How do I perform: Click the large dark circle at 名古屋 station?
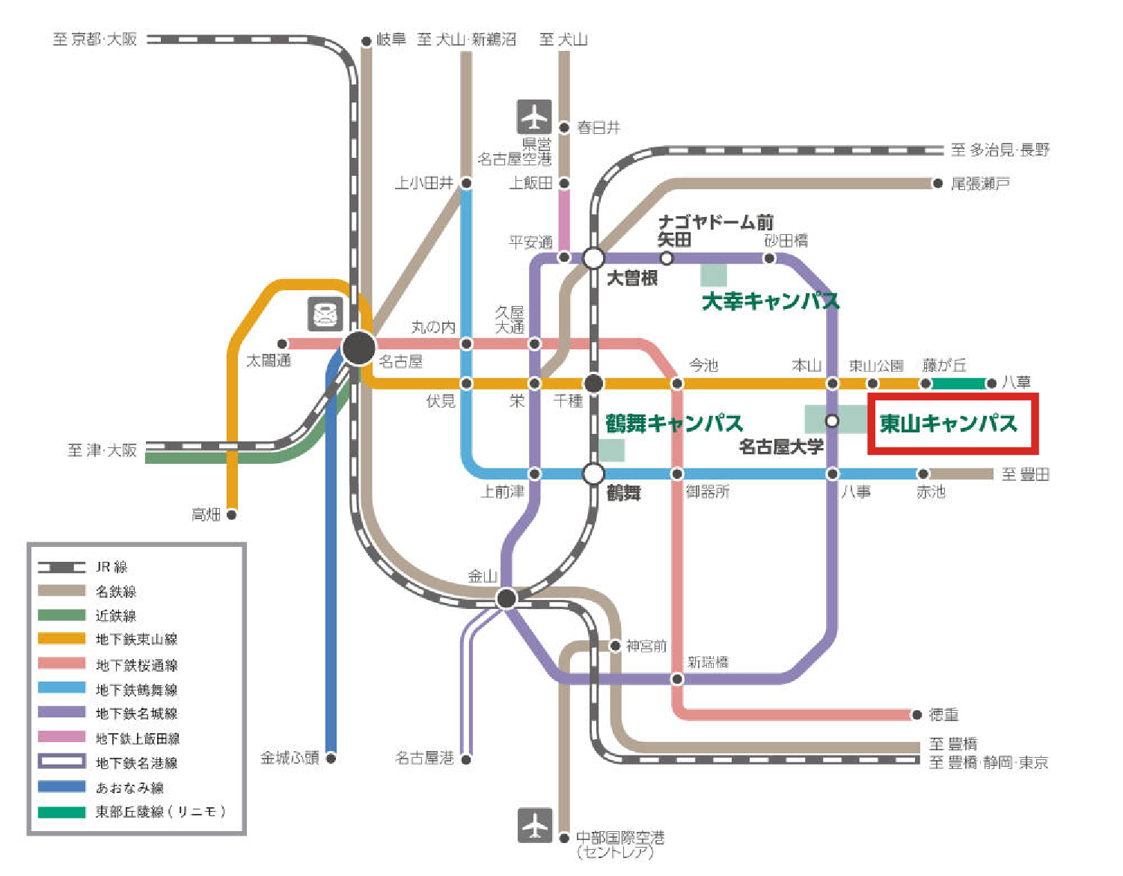(359, 348)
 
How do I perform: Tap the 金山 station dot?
(507, 598)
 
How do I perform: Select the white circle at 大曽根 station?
(593, 258)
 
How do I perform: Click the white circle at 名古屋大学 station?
(832, 421)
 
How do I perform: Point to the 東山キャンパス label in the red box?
(948, 423)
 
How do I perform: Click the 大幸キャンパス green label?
(770, 301)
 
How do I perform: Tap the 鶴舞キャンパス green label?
(673, 423)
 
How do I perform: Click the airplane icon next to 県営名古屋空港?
(534, 117)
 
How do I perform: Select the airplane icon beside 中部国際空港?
(534, 826)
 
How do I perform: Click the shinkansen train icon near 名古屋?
(325, 313)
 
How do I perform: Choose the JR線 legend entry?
(82, 567)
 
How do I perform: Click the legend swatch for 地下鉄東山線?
(61, 639)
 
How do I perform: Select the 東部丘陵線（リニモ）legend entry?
(131, 812)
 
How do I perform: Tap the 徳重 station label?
(943, 715)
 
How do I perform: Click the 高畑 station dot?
(232, 515)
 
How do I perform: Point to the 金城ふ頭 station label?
(290, 758)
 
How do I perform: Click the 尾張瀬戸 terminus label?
(979, 184)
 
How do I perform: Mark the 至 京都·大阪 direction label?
(95, 39)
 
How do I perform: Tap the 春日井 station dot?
(565, 128)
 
